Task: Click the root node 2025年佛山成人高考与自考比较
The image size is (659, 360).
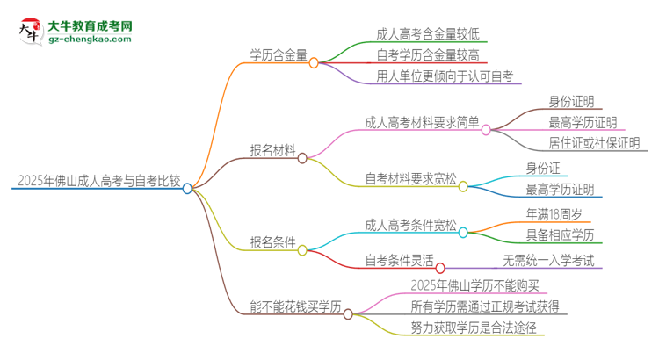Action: [98, 183]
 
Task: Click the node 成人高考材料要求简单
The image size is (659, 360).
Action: [422, 122]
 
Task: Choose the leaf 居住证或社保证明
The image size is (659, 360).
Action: [594, 143]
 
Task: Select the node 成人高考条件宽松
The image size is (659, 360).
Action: [410, 227]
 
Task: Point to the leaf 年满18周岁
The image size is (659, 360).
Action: [557, 213]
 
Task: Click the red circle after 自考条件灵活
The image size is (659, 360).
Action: [440, 267]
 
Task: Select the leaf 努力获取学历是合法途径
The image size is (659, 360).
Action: [473, 328]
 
